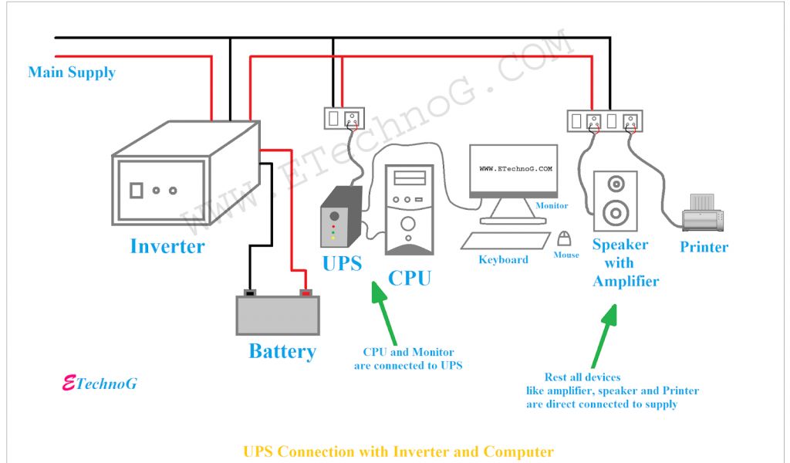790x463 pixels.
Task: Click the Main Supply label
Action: coord(72,73)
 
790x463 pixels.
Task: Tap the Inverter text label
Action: coord(167,246)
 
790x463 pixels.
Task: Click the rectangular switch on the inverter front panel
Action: coord(137,191)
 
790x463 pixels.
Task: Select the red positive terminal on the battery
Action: coord(306,292)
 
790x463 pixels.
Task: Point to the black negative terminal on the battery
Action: coord(250,292)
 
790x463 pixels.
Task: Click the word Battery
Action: coord(282,351)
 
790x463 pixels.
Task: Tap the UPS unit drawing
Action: coord(342,217)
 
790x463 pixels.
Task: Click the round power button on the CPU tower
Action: coord(408,224)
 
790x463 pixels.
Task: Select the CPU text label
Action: coord(409,278)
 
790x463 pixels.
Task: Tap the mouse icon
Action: coord(564,238)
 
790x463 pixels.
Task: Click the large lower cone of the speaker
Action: coord(616,213)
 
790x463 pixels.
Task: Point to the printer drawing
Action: coord(703,213)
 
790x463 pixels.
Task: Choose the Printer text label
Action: coord(704,247)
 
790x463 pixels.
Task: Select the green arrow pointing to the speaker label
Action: coord(604,336)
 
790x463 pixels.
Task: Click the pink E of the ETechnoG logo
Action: coord(69,384)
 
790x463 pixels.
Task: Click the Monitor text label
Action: coord(552,205)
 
